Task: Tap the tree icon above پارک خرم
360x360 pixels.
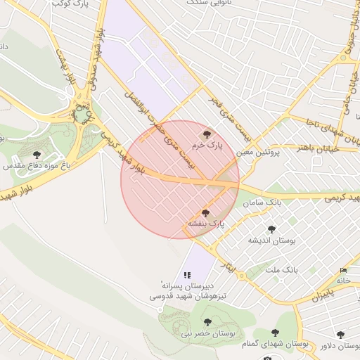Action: pos(206,134)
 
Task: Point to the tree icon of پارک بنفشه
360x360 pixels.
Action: pos(205,212)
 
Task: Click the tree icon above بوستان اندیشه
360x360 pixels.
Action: pos(271,229)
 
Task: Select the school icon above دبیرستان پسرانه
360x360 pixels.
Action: pos(187,275)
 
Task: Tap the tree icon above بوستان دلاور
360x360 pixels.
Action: pos(340,335)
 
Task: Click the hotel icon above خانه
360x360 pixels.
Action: pos(343,271)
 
